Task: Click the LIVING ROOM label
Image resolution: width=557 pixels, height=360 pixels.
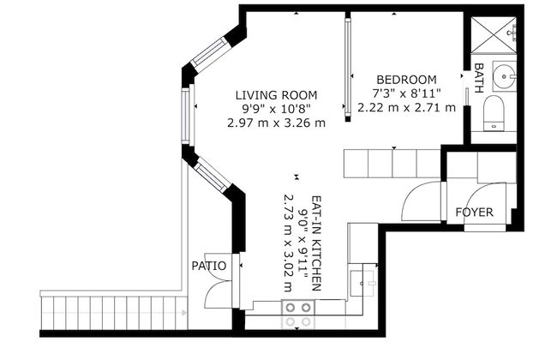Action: (x=276, y=94)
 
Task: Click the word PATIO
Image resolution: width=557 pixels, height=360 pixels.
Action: (x=209, y=266)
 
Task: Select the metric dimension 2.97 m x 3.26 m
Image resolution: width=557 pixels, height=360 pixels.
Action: (x=276, y=123)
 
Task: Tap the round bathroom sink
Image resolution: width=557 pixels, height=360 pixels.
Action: (x=505, y=75)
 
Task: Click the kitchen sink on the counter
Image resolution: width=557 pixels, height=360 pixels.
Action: (x=365, y=279)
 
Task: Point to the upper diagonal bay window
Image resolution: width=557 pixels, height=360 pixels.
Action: (x=208, y=52)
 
